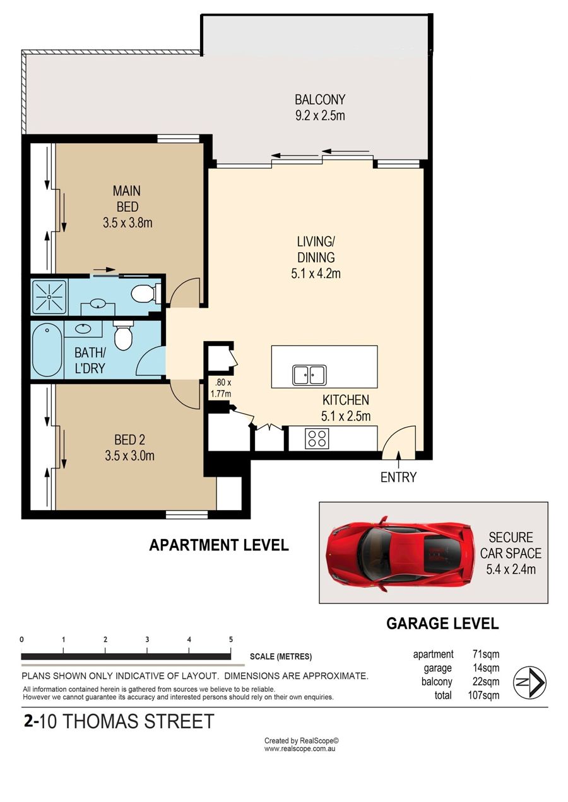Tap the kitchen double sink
pyautogui.click(x=309, y=375)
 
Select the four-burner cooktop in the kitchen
pyautogui.click(x=317, y=439)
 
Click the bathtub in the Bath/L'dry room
pyautogui.click(x=47, y=350)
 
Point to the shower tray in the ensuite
pyautogui.click(x=49, y=297)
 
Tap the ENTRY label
pyautogui.click(x=398, y=477)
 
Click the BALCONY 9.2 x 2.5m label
pyautogui.click(x=319, y=107)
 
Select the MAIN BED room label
pyautogui.click(x=127, y=199)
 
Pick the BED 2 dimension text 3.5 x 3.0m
pyautogui.click(x=130, y=456)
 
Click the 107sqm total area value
pyautogui.click(x=483, y=695)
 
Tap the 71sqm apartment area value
pyautogui.click(x=485, y=654)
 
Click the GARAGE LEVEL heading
pyautogui.click(x=442, y=624)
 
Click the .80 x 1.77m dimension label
pyautogui.click(x=221, y=388)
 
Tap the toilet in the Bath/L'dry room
pyautogui.click(x=123, y=335)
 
